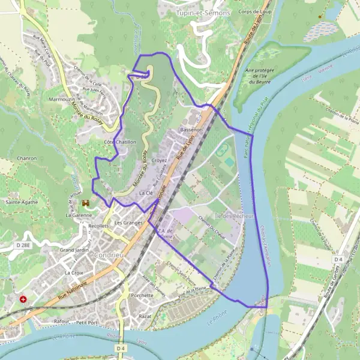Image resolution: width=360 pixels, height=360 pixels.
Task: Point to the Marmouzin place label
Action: click(x=61, y=98)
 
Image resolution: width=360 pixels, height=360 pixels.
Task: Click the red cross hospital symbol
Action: click(x=23, y=298)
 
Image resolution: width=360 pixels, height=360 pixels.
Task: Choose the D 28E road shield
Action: click(x=23, y=246)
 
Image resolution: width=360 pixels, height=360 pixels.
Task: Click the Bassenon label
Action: click(x=191, y=129)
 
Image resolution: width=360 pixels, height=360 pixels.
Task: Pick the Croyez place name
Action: click(x=159, y=160)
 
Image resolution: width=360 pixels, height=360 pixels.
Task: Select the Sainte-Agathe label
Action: click(x=22, y=202)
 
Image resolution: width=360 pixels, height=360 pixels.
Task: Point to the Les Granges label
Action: click(x=128, y=223)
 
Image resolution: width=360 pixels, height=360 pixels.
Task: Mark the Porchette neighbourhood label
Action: click(x=142, y=295)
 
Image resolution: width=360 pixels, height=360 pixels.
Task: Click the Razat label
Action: click(x=145, y=315)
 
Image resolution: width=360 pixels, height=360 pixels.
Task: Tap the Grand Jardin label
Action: click(x=74, y=249)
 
